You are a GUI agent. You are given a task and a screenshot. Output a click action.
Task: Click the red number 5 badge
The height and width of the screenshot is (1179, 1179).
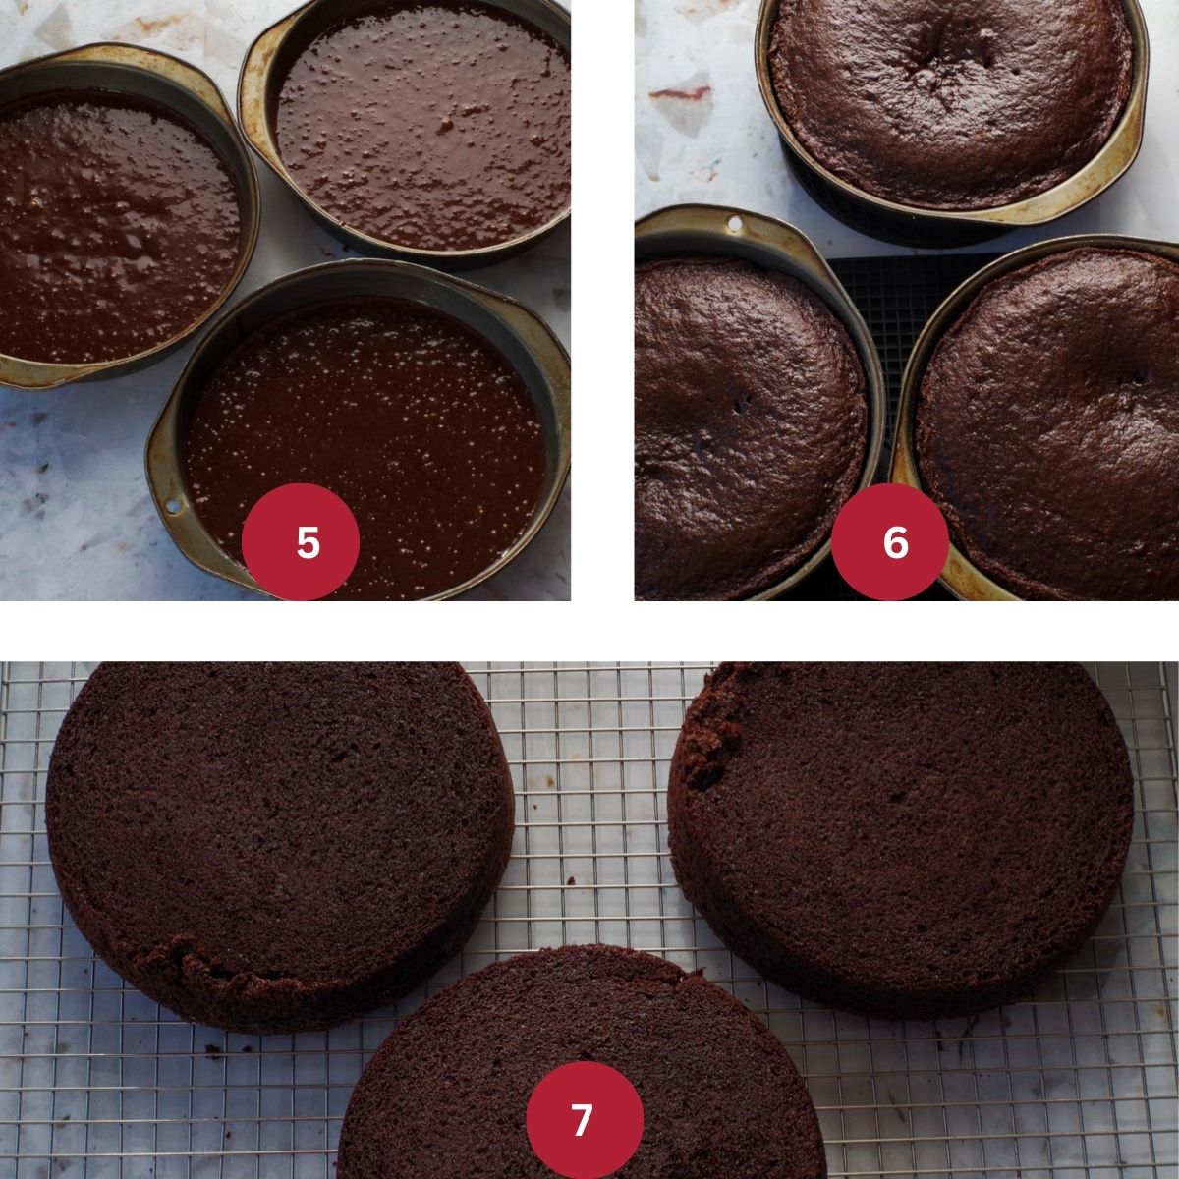[x=300, y=542]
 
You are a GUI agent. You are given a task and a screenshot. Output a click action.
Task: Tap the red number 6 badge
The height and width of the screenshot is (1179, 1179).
[x=889, y=542]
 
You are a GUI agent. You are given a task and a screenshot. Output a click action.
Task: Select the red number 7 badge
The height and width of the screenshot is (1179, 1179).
[x=585, y=1119]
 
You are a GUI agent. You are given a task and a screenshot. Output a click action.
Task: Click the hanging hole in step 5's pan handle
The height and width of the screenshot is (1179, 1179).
[x=173, y=506]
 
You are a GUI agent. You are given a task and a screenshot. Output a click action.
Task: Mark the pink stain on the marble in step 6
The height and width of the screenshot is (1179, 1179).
[x=679, y=93]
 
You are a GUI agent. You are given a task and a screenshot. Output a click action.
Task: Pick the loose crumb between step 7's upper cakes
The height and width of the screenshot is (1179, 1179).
[x=571, y=881]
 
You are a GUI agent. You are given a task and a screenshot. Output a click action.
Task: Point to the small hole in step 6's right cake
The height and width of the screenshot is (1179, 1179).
[x=1132, y=378]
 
